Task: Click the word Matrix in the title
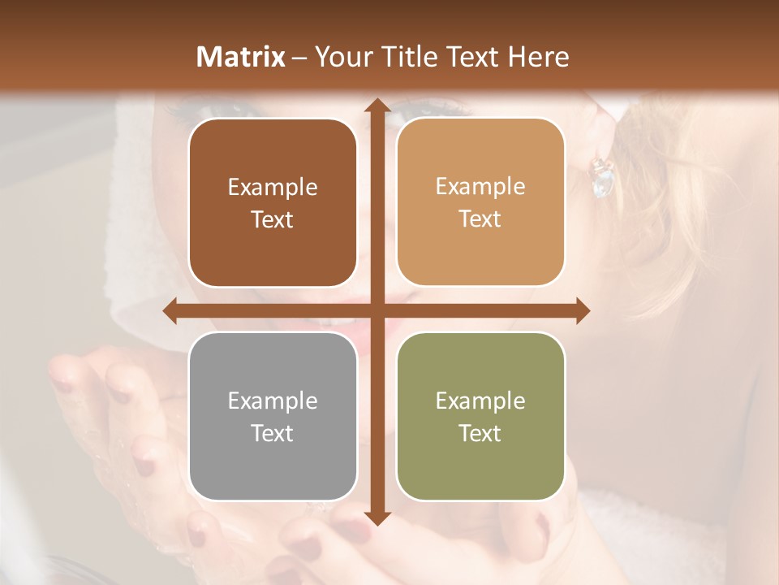point(241,57)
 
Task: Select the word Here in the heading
point(539,57)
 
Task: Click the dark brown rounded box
point(273,203)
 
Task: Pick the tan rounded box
point(480,202)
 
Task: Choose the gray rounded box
point(273,416)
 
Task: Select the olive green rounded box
point(480,416)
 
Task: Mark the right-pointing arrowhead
point(582,311)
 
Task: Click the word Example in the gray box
point(273,401)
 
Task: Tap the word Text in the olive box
point(480,433)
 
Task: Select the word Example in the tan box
point(480,186)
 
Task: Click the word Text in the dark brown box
point(273,219)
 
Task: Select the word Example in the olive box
point(480,401)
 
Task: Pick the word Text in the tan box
point(480,219)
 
